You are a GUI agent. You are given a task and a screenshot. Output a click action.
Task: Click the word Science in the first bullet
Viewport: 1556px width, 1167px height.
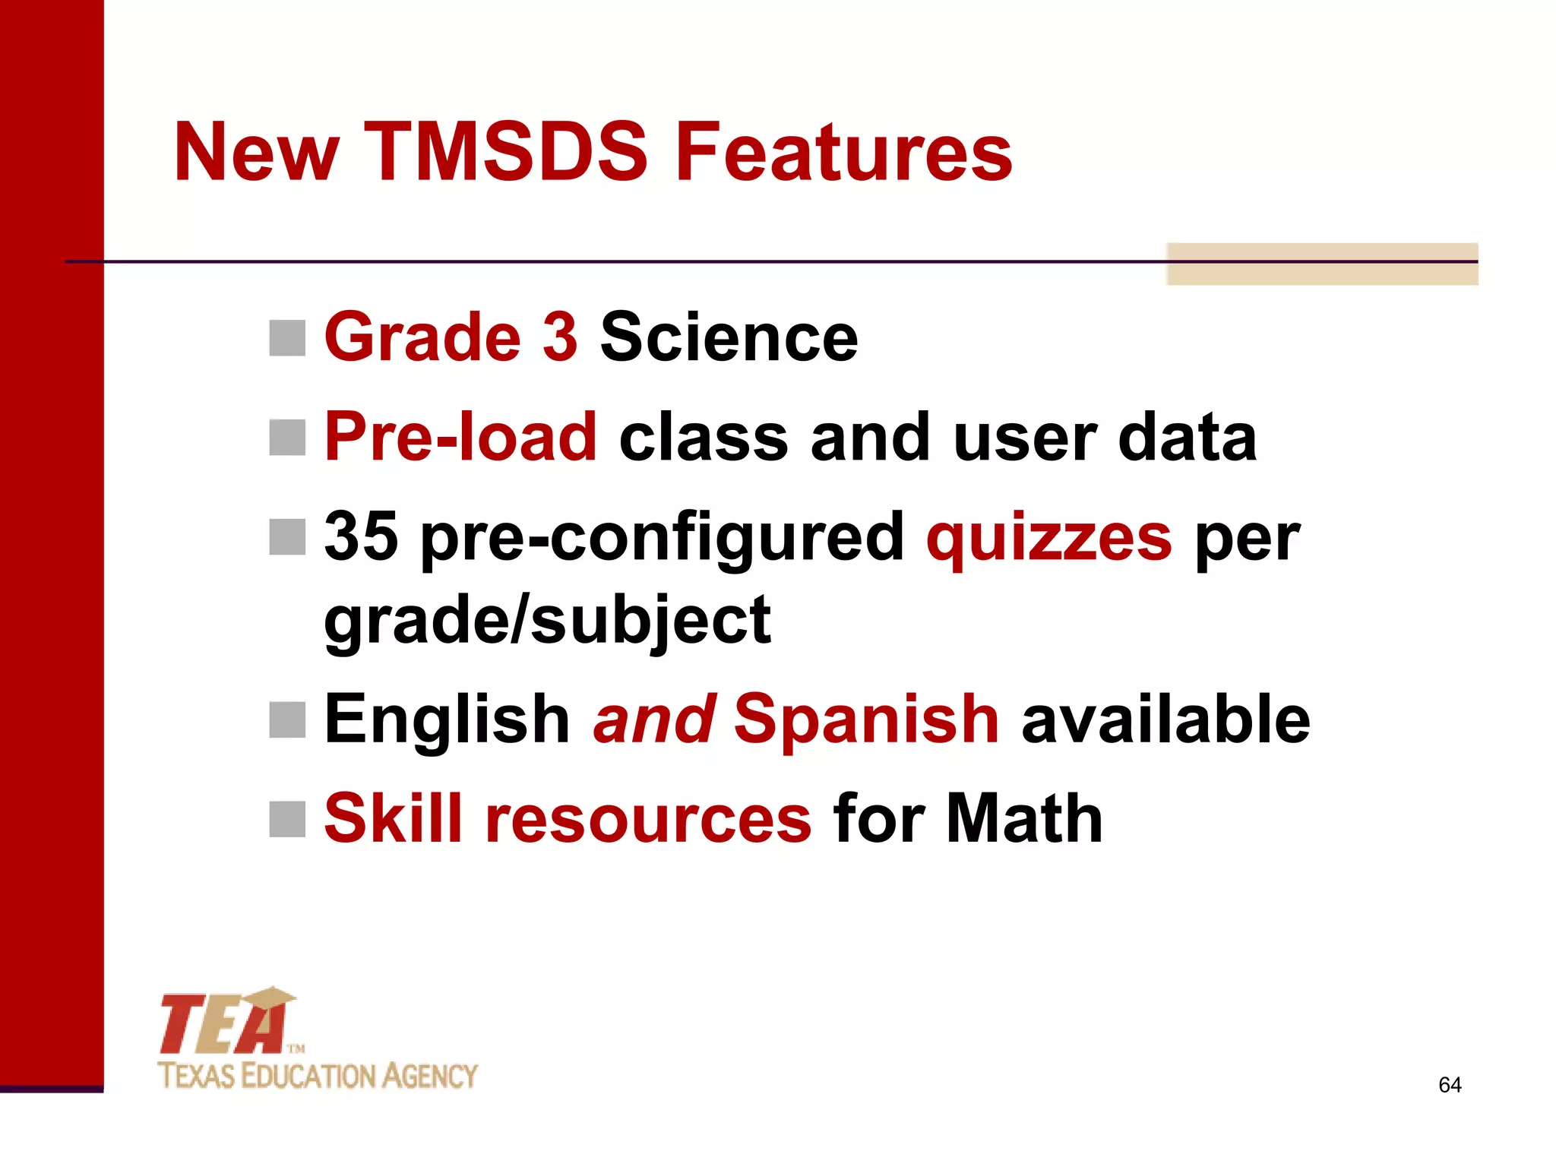[x=729, y=337]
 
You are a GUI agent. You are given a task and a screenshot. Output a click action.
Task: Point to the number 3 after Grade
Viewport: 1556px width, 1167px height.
[x=560, y=337]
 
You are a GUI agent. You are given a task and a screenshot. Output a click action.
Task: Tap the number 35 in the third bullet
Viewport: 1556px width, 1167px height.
[x=361, y=536]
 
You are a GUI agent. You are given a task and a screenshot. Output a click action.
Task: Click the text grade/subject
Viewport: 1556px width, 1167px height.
[x=547, y=621]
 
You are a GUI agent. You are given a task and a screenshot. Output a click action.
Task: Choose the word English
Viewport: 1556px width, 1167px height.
[x=447, y=719]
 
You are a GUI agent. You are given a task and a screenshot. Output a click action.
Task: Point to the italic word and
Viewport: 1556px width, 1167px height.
[x=653, y=719]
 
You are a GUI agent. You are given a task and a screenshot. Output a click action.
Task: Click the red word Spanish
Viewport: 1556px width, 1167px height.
[x=866, y=719]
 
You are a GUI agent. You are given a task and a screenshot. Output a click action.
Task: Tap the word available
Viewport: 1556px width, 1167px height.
[x=1165, y=719]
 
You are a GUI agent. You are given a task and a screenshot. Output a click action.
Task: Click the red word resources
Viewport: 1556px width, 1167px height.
[x=648, y=820]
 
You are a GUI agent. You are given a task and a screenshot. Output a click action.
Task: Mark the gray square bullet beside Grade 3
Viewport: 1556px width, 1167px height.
[x=287, y=338]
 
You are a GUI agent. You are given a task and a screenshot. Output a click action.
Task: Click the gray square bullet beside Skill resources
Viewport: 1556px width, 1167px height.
[x=287, y=819]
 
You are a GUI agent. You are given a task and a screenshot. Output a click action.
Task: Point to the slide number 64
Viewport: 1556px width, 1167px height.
[x=1450, y=1085]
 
